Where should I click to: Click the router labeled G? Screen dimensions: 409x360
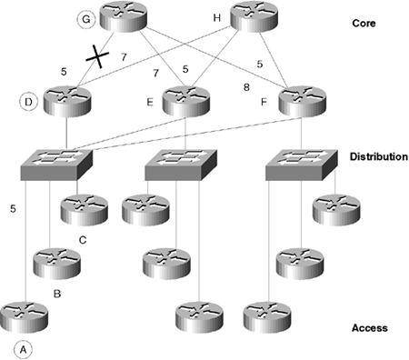(x=124, y=16)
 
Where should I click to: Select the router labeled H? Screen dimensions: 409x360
(x=254, y=16)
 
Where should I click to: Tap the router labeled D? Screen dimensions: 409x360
(x=67, y=101)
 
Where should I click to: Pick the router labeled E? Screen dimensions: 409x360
(x=186, y=101)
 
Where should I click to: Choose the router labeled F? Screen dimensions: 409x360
(x=303, y=101)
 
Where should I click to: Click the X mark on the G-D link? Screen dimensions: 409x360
(x=97, y=56)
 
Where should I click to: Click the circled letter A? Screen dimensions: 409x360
(x=23, y=350)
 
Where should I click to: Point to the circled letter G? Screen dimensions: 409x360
(x=86, y=19)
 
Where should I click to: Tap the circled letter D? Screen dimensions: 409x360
(x=28, y=102)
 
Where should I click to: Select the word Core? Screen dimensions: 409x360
(x=364, y=24)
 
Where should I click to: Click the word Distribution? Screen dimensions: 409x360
(x=379, y=156)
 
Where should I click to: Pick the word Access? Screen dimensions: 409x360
(x=370, y=328)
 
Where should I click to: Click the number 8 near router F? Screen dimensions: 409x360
(x=246, y=87)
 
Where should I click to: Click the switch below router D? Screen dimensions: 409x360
(x=56, y=165)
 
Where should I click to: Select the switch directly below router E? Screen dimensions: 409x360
(x=181, y=165)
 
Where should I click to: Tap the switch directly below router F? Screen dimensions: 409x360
(x=302, y=165)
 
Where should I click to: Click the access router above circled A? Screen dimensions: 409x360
(x=25, y=317)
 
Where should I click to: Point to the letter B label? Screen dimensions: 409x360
(x=57, y=294)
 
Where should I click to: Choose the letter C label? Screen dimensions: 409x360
(x=83, y=240)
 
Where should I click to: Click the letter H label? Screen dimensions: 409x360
(x=216, y=18)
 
